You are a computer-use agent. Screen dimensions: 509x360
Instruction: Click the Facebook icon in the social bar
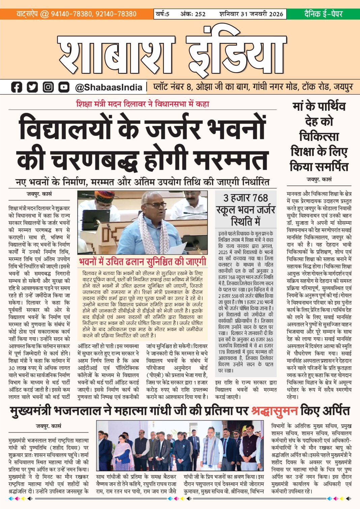[17, 87]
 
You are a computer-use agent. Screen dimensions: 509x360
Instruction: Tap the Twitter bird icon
[32, 87]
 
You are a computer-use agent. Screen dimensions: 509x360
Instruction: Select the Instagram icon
[48, 87]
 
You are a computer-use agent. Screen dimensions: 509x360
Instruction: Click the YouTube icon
[64, 87]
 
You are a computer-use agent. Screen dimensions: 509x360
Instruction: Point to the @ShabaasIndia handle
[109, 87]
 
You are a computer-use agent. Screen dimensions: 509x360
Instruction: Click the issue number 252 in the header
[200, 14]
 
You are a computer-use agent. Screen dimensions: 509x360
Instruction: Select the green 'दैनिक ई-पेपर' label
[323, 14]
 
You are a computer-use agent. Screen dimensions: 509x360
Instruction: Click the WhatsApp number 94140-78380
[71, 14]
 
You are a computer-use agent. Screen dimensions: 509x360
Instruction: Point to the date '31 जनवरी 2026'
[262, 14]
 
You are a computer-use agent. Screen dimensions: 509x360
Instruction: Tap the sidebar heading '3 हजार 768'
[245, 198]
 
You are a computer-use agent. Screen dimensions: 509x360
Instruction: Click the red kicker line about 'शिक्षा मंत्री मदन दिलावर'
[143, 104]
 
